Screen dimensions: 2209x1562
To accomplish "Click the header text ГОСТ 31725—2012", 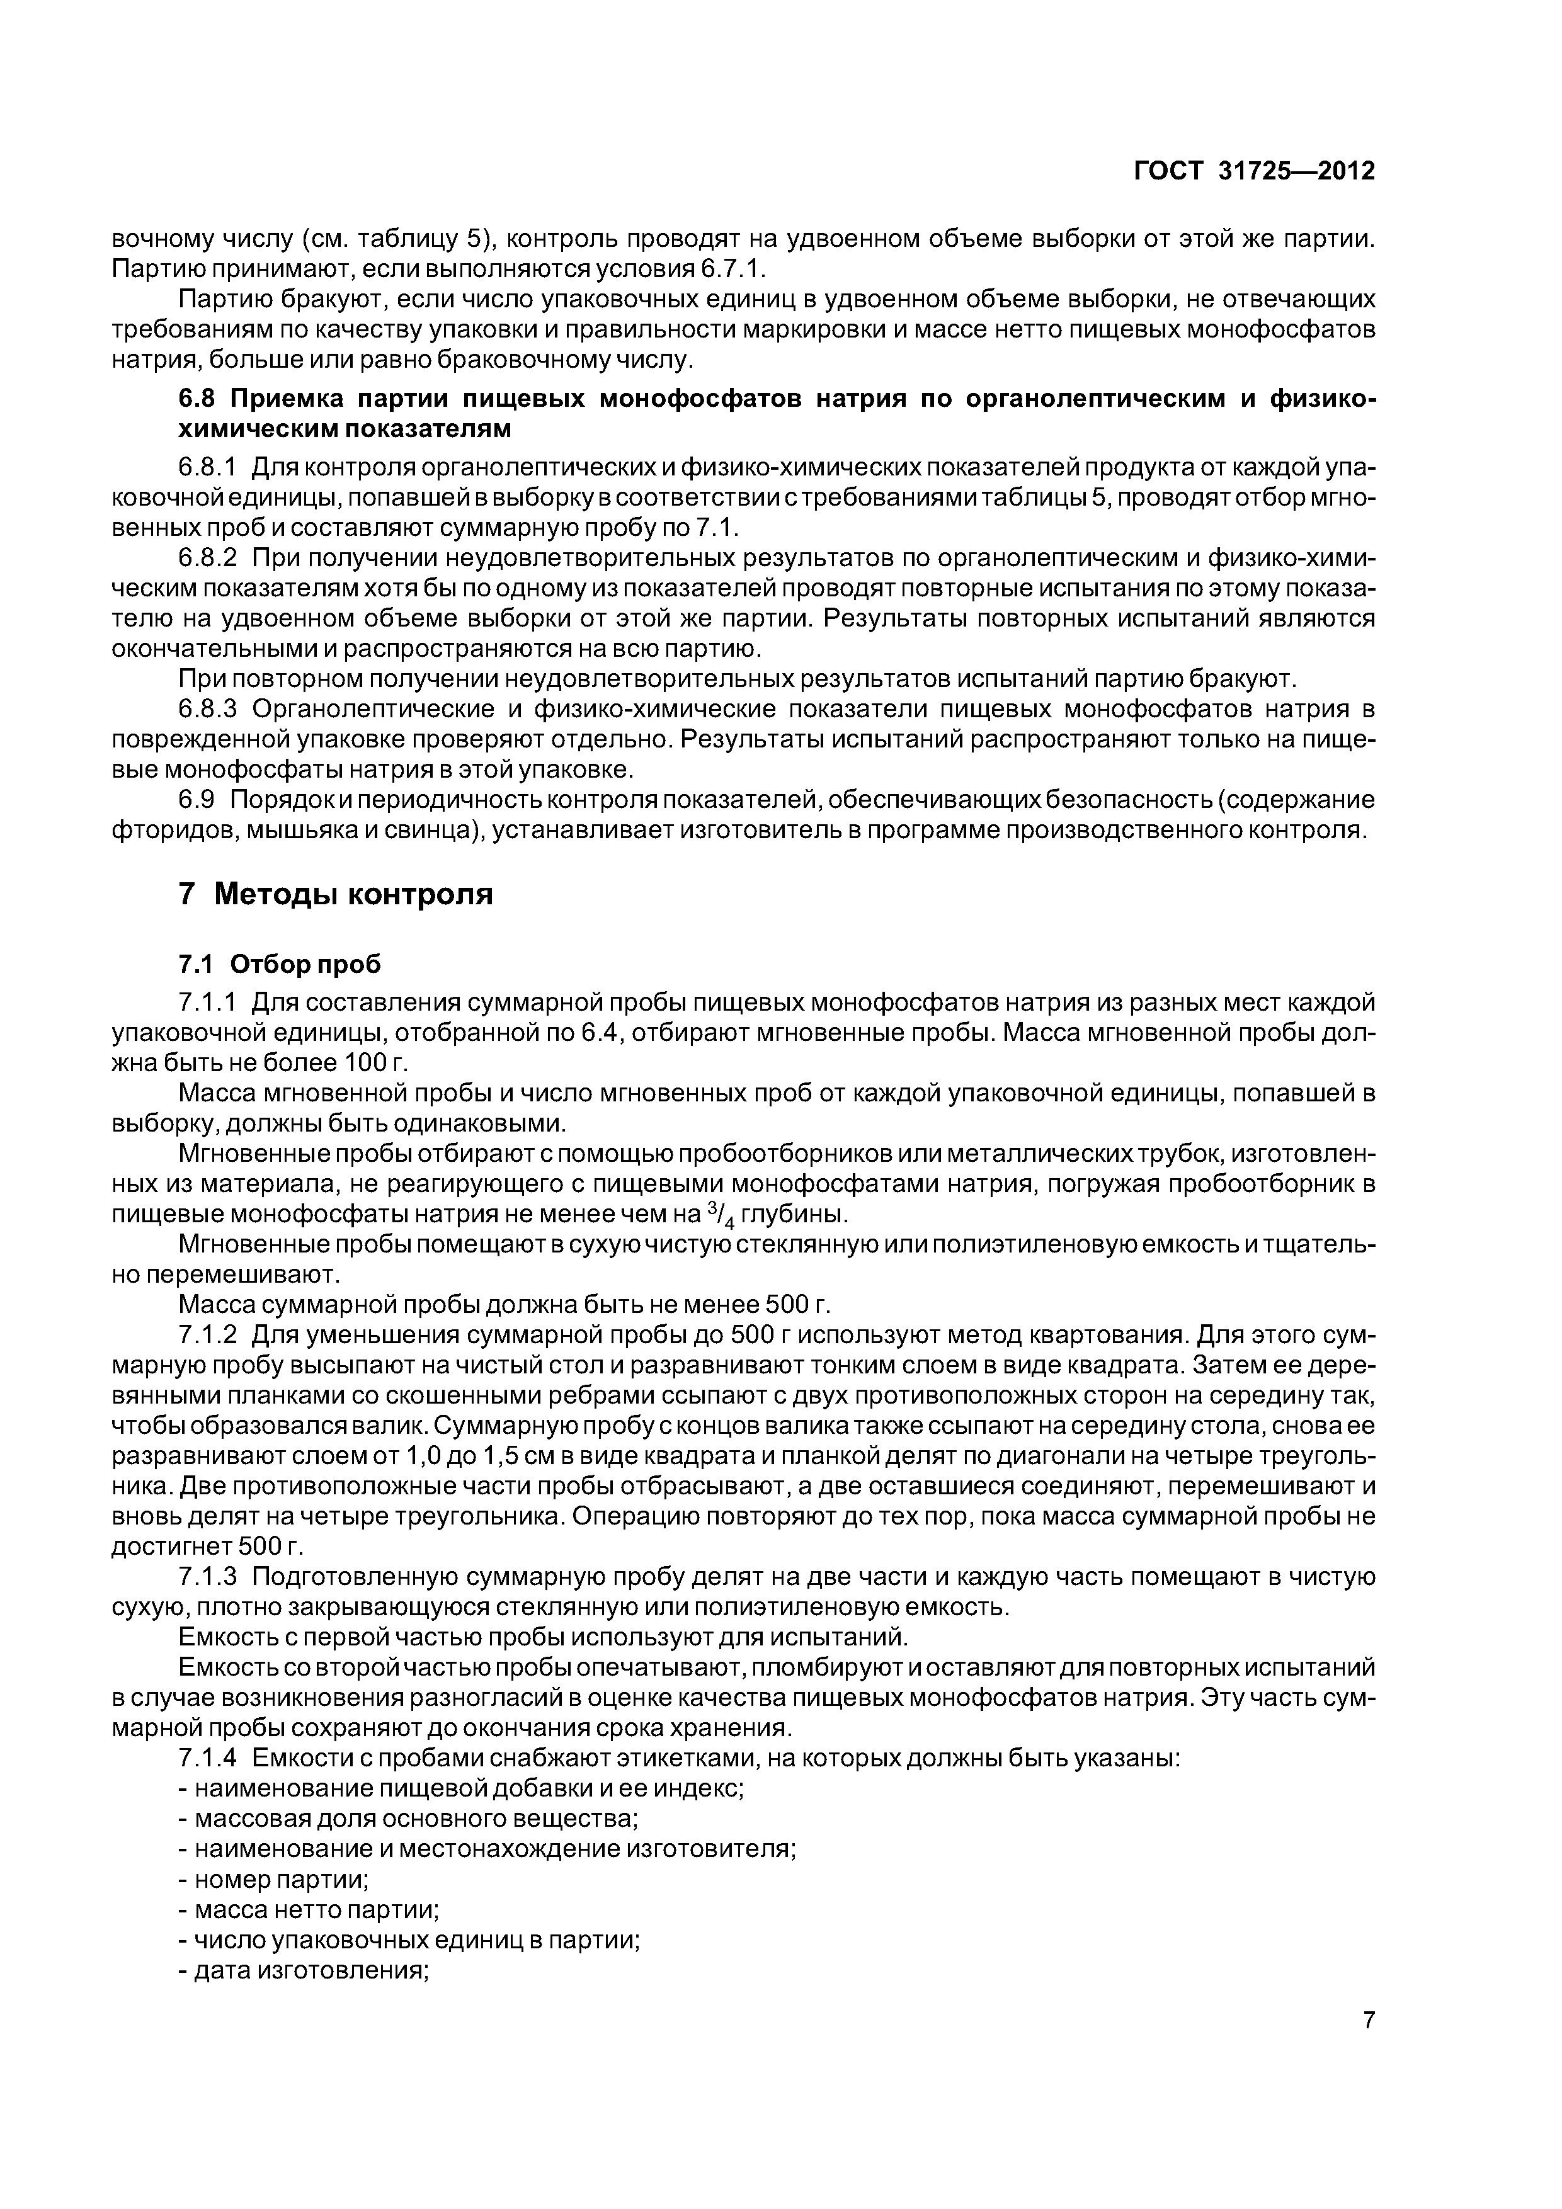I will pos(1254,171).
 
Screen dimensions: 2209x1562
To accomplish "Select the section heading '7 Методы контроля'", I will pos(336,894).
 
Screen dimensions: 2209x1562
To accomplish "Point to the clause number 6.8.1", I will pos(207,468).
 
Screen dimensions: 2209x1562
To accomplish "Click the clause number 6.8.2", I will pos(207,559).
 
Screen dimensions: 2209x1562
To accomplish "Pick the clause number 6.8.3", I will pos(207,709).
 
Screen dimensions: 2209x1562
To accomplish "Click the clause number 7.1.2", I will pos(207,1336).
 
